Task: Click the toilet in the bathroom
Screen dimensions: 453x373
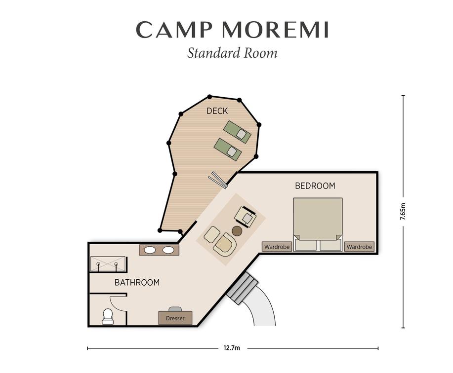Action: pyautogui.click(x=108, y=316)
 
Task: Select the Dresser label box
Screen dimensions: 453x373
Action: pyautogui.click(x=175, y=318)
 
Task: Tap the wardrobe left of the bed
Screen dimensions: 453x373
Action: pyautogui.click(x=277, y=247)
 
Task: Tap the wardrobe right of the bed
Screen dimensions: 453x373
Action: pyautogui.click(x=359, y=247)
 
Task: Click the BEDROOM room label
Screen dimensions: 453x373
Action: pyautogui.click(x=315, y=186)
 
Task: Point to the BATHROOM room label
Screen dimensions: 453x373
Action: pyautogui.click(x=137, y=282)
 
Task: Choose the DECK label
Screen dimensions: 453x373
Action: pyautogui.click(x=217, y=111)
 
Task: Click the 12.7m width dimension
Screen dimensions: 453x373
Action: pyautogui.click(x=232, y=348)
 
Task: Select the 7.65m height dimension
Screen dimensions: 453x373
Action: pyautogui.click(x=403, y=212)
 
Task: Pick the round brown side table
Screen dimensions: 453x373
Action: pyautogui.click(x=237, y=231)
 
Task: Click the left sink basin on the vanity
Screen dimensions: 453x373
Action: pyautogui.click(x=150, y=250)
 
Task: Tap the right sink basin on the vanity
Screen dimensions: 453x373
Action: pyautogui.click(x=168, y=250)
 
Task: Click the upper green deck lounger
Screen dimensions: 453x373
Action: pyautogui.click(x=237, y=132)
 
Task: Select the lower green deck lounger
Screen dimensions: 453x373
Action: pyautogui.click(x=228, y=149)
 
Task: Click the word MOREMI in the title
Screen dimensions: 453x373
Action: pyautogui.click(x=275, y=30)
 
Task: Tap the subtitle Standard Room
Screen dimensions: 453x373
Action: pyautogui.click(x=232, y=53)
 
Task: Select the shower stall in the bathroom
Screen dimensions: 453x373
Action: pyautogui.click(x=108, y=264)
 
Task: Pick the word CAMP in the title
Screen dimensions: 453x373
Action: pyautogui.click(x=174, y=30)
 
